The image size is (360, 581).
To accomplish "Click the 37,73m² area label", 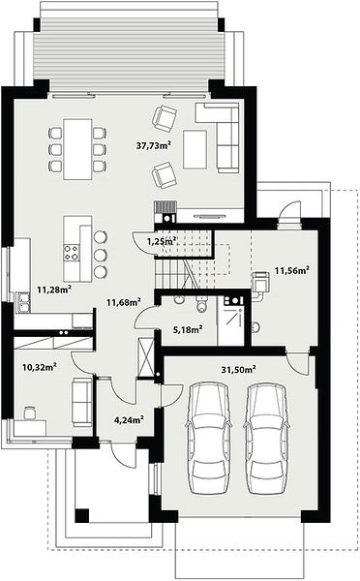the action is pos(153,145).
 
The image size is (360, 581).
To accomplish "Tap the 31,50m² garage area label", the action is pos(239,370).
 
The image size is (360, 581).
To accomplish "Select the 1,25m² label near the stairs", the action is pos(161,242).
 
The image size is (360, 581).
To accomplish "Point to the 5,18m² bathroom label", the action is pos(188,329).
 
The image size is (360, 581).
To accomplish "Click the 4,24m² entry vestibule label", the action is pos(130,420).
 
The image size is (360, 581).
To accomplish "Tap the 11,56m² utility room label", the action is pos(292,270).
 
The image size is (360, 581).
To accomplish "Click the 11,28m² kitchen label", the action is pos(54,289).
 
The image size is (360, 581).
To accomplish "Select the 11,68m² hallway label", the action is pos(124,302).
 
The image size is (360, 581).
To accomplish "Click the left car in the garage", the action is pos(208,438).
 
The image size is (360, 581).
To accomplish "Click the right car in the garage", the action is pos(265,438).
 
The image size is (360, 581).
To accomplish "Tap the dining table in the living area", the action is pos(77,149).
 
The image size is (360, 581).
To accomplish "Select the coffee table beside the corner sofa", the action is pos(195,148).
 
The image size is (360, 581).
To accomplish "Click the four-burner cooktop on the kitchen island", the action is pos(72,253).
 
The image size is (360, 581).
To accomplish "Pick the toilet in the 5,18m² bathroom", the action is pos(202,303).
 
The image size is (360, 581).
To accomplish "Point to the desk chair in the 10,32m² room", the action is pos(30,413).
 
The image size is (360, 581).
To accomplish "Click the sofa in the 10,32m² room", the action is pos(82,402).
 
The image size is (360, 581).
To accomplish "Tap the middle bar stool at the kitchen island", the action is pos(101,255).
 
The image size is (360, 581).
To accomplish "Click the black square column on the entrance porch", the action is pos(82,515).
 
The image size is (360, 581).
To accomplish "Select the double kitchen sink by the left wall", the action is pos(23,302).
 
